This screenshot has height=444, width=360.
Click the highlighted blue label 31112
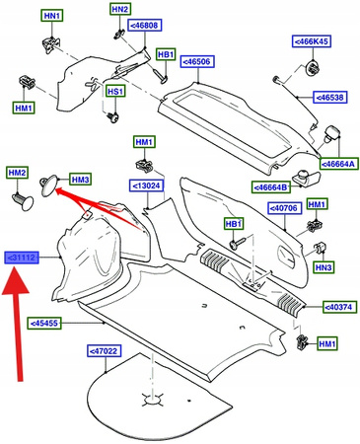[22, 258]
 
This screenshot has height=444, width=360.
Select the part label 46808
[145, 25]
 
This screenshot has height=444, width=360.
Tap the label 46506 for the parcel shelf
[197, 61]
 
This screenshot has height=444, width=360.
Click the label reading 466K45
[312, 41]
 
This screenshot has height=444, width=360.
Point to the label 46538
[330, 98]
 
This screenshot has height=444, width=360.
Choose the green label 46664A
[338, 164]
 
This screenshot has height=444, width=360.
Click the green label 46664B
[271, 187]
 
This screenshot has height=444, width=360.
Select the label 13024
[147, 185]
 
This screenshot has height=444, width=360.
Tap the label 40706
[284, 208]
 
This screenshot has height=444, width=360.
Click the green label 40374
[339, 307]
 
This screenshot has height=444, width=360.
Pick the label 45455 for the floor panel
[44, 323]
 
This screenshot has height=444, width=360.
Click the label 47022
[105, 351]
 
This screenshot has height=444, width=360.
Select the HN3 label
[324, 267]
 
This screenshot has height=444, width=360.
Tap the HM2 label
[17, 173]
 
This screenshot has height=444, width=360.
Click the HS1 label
[115, 91]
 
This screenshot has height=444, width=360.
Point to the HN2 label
[120, 9]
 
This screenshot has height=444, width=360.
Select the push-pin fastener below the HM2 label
[23, 201]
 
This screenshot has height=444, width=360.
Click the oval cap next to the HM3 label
[49, 185]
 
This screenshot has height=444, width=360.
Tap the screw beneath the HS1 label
[113, 116]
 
